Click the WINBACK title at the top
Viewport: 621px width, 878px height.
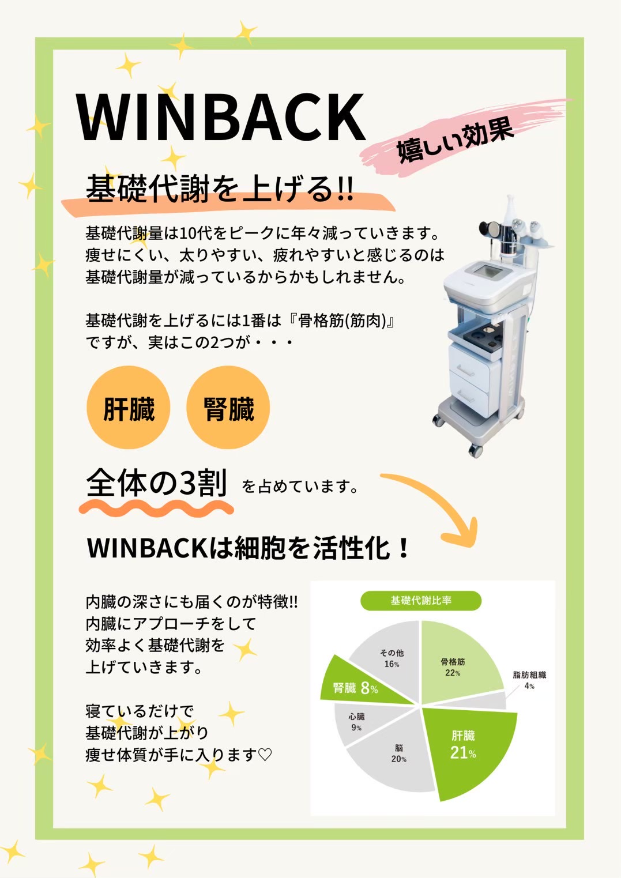pos(221,117)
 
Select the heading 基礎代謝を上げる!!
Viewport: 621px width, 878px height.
pos(220,189)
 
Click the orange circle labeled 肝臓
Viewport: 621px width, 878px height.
pos(128,407)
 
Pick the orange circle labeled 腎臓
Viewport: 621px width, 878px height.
pos(228,407)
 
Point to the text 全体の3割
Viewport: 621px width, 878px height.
pos(157,483)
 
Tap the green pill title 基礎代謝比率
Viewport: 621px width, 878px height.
pos(421,601)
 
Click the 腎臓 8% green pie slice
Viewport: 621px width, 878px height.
pos(353,688)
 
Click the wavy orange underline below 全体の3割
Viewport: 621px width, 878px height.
pos(156,509)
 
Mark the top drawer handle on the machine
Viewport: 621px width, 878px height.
pos(465,368)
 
